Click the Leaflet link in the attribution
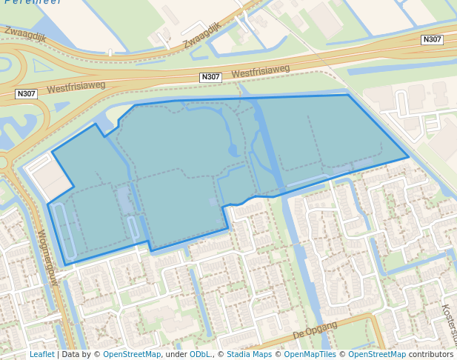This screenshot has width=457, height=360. click(41, 354)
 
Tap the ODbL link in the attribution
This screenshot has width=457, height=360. click(200, 354)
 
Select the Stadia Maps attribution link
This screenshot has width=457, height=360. click(249, 354)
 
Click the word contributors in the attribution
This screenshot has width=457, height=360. click(431, 354)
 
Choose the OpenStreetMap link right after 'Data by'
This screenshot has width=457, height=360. click(132, 354)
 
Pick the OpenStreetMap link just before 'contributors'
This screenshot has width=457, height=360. click(377, 354)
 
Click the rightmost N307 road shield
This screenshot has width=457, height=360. click(432, 39)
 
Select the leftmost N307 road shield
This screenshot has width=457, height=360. click(26, 93)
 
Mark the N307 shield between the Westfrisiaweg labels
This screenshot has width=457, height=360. click(211, 77)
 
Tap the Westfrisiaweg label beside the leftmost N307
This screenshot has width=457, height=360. click(76, 87)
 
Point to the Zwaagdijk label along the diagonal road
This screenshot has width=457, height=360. click(202, 35)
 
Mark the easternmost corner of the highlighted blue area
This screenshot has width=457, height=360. click(408, 157)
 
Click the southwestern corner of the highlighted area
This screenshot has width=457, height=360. click(64, 264)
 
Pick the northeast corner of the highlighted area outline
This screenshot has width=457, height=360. click(348, 95)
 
